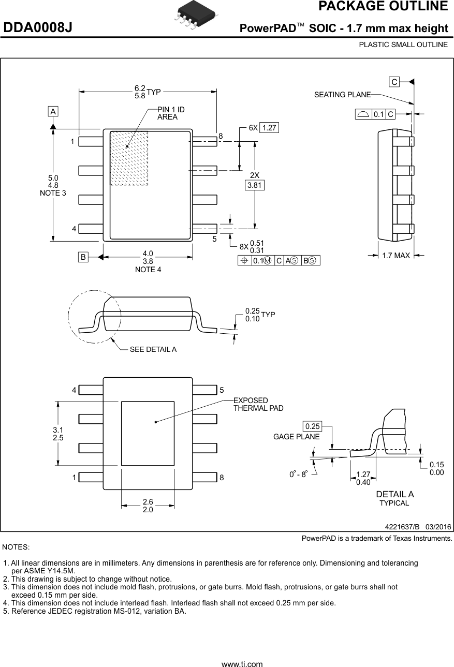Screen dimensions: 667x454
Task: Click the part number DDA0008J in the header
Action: (x=38, y=28)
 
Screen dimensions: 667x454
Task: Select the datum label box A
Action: (x=53, y=111)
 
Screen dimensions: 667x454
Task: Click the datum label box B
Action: (x=83, y=257)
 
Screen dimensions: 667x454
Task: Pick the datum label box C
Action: (x=394, y=82)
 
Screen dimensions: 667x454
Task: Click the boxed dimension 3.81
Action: (x=254, y=185)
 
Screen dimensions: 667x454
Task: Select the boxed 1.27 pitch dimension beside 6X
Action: (x=269, y=128)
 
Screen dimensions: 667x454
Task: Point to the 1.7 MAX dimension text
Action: (x=396, y=255)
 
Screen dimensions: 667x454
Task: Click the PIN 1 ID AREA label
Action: (x=171, y=113)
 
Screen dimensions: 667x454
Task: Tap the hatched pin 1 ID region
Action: (x=129, y=158)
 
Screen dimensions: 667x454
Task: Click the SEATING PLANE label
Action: (x=342, y=95)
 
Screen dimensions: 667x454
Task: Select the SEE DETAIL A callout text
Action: (x=153, y=349)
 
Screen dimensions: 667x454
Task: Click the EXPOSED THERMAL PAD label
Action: (x=258, y=404)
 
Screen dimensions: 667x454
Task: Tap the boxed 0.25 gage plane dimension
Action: (x=313, y=426)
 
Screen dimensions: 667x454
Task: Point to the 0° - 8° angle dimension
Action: (x=298, y=473)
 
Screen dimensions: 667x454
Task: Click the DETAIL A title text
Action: (x=394, y=494)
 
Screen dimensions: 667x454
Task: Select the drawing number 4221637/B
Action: (x=402, y=527)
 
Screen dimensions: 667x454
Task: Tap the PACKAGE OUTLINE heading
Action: (x=383, y=7)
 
